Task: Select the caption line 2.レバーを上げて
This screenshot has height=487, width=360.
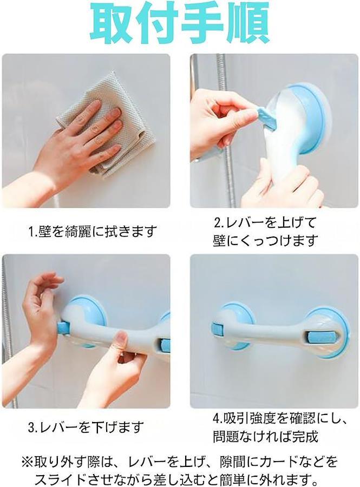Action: tap(265, 223)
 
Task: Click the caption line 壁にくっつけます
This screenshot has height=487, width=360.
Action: tap(266, 241)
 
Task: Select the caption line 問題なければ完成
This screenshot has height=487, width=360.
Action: tap(266, 436)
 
